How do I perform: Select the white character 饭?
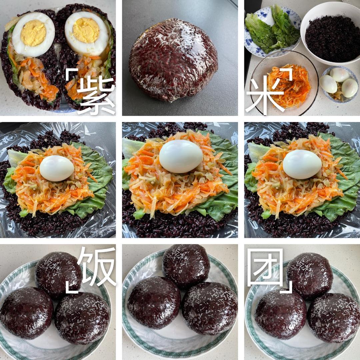click(96, 266)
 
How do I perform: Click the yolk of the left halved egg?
click(34, 33)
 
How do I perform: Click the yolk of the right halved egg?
click(86, 30)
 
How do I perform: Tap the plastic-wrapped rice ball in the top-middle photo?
click(173, 60)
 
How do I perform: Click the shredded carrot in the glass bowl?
click(289, 86)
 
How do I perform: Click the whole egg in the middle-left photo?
click(57, 168)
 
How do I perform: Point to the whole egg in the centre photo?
click(181, 156)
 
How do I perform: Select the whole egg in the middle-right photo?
click(302, 164)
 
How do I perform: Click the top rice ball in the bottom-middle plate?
click(186, 266)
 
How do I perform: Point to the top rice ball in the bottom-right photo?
click(310, 276)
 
